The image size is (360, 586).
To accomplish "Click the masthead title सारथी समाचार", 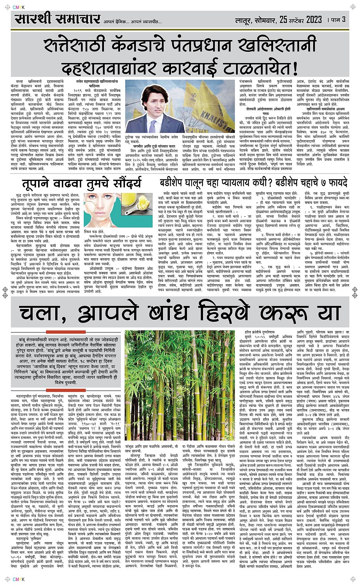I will pyautogui.click(x=58, y=19).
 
